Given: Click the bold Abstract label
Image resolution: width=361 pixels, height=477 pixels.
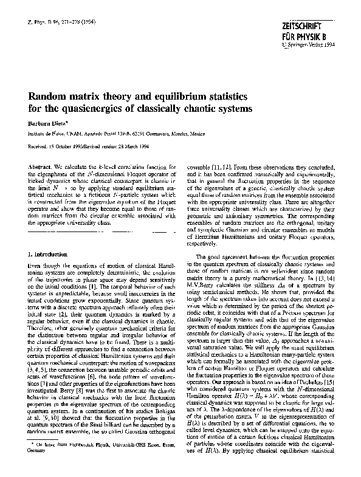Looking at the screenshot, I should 41,166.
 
